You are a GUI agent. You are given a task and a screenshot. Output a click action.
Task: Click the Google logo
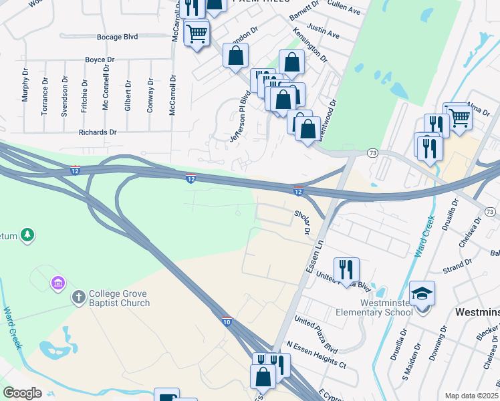tap(22, 393)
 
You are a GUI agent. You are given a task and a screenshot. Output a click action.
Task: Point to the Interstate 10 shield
tap(227, 321)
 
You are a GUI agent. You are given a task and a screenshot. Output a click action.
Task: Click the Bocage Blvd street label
tap(117, 37)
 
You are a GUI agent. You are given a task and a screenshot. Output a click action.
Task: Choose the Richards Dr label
tap(98, 132)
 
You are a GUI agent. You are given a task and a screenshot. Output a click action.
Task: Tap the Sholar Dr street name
tap(303, 222)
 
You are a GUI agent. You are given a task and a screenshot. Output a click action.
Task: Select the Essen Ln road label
tap(314, 255)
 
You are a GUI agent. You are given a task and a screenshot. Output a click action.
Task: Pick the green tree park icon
tap(27, 235)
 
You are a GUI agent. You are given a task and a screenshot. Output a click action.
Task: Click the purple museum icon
tap(57, 283)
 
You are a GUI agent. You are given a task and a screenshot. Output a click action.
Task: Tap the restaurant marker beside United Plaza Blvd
tap(346, 269)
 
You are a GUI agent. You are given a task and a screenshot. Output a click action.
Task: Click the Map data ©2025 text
tap(471, 396)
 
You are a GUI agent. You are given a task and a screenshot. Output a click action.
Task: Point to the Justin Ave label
tap(326, 32)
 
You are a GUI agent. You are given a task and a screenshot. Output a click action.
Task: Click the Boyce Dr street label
tap(100, 60)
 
